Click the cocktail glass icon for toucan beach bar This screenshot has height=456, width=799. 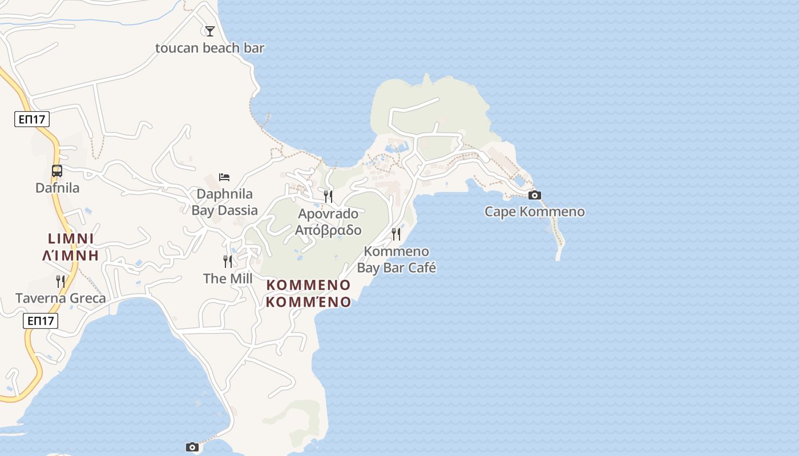(210, 31)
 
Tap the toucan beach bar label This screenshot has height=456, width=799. (209, 48)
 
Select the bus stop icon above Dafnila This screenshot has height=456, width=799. (57, 170)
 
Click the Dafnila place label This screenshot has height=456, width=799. (57, 188)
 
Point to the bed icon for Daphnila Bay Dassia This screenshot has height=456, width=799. (224, 177)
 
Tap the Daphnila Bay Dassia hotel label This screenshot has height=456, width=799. (224, 202)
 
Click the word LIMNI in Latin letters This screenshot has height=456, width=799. (71, 239)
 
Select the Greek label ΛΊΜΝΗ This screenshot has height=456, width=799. (71, 255)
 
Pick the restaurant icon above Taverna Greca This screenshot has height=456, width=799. (60, 281)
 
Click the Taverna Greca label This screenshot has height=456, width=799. (60, 298)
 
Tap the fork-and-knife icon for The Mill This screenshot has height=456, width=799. (228, 262)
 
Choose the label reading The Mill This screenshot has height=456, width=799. (228, 279)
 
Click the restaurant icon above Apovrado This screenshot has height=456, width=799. (328, 197)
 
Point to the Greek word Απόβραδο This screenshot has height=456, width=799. (328, 230)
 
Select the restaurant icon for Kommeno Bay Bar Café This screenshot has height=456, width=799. (396, 234)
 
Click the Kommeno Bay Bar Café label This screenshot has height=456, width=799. (396, 259)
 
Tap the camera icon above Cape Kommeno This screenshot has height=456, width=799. (534, 196)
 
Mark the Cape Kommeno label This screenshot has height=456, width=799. (534, 212)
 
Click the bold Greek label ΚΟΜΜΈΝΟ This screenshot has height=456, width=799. (308, 302)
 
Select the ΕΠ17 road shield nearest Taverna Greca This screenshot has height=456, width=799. (41, 321)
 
